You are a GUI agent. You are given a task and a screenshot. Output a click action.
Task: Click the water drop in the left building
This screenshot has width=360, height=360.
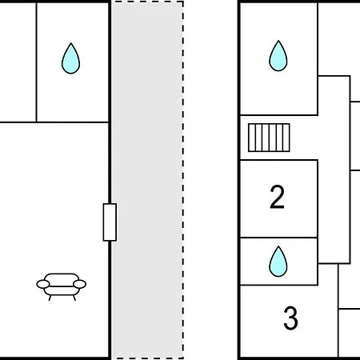(x=70, y=58)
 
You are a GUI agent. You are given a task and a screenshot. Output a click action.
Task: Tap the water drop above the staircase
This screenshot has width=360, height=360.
(x=278, y=56)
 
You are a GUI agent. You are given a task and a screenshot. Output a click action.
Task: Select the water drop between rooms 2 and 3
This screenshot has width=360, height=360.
(x=278, y=262)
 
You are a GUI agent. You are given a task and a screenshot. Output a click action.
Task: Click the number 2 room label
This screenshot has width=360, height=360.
(x=277, y=197)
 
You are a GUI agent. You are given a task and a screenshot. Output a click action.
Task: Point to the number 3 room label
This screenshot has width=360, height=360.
(x=290, y=318)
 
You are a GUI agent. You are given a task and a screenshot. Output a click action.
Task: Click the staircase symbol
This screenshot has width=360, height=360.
(x=269, y=138)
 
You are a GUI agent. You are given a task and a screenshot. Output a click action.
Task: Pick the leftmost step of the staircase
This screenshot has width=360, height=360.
(x=252, y=138)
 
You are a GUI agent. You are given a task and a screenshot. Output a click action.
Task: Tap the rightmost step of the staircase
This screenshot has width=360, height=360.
(x=286, y=138)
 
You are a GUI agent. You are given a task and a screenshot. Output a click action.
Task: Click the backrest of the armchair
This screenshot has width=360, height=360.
(x=62, y=278)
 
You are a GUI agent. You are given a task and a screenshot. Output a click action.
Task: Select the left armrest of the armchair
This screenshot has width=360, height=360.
(x=43, y=284)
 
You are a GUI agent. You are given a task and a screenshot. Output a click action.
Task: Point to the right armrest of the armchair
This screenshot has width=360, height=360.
(x=79, y=284)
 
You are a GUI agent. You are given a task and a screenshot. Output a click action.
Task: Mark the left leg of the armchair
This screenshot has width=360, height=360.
(x=50, y=298)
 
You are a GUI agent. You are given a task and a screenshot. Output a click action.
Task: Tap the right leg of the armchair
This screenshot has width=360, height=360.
(x=74, y=298)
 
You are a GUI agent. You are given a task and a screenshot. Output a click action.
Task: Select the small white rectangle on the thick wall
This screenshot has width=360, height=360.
(x=110, y=222)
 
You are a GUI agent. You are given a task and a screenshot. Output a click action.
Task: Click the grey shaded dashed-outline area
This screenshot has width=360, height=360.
(x=147, y=180)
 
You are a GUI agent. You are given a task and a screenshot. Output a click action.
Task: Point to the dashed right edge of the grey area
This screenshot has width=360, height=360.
(x=183, y=180)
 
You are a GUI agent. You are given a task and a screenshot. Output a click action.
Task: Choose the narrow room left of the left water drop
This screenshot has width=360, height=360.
(x=18, y=62)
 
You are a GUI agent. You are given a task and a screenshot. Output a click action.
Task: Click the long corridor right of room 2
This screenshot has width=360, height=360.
(x=334, y=170)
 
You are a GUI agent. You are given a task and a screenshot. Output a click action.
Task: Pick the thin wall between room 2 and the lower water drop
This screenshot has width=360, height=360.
(x=278, y=238)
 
